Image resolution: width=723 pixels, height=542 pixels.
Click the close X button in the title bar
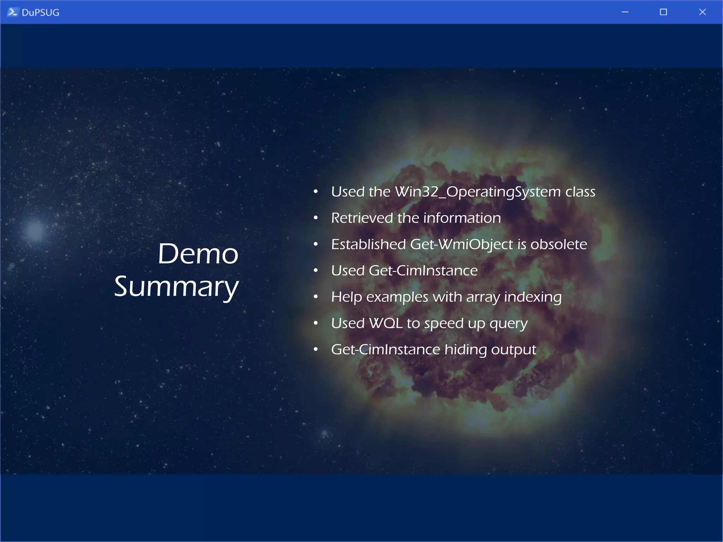coord(702,12)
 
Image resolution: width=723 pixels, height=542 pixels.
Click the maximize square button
coord(663,12)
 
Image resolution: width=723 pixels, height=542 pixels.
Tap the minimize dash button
coord(625,12)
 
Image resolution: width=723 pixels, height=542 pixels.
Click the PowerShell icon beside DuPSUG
coord(12,12)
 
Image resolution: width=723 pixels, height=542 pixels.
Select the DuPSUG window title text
coord(40,13)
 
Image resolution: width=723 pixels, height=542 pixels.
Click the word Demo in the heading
coord(198,254)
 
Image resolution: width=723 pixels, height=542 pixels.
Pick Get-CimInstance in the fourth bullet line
coord(423,271)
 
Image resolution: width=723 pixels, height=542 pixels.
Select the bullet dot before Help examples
coord(316,297)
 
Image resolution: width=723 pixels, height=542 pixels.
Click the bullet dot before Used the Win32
coord(316,192)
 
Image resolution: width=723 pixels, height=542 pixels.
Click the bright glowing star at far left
coord(35,230)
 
